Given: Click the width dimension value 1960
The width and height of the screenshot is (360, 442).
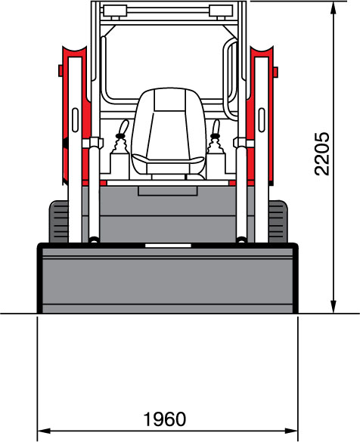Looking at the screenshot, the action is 165,419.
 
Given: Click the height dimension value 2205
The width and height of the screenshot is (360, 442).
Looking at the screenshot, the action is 322,153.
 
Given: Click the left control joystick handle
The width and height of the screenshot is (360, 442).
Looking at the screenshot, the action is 123,128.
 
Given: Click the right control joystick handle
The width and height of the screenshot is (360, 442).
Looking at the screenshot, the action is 216,129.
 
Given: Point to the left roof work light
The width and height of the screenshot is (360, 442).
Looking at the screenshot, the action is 116,11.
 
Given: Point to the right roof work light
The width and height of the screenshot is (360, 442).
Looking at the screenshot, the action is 221,11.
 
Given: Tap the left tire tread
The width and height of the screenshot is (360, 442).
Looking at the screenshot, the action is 59,221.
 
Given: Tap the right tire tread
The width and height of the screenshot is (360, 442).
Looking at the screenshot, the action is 278,221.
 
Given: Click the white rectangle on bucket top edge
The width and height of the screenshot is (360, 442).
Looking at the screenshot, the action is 168,246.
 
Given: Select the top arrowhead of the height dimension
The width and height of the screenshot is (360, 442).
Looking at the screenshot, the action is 334,8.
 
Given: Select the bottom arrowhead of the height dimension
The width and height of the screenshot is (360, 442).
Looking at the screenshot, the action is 334,307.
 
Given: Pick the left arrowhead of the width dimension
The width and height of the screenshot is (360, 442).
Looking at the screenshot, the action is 44,431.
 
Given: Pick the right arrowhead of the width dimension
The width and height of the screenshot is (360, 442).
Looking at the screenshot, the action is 291,431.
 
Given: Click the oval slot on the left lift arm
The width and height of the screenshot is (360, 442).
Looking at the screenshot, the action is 76,120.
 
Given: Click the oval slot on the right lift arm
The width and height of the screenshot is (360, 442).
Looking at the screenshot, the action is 262,120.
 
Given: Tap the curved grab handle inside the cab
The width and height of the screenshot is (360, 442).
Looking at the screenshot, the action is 231,79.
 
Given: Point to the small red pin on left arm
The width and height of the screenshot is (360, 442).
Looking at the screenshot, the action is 61,70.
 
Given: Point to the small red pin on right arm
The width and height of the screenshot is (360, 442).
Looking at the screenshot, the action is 275,72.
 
